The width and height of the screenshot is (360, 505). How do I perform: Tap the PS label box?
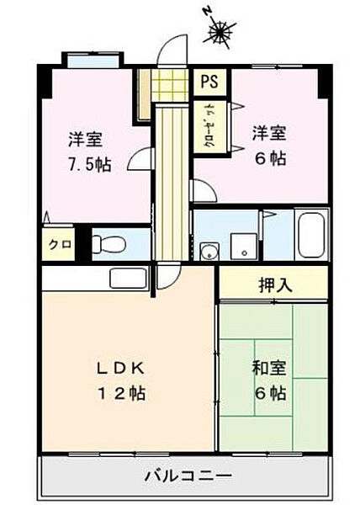pyautogui.click(x=209, y=82)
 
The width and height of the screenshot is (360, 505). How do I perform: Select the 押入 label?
pyautogui.click(x=274, y=284)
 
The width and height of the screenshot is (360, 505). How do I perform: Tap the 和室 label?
pyautogui.click(x=269, y=368)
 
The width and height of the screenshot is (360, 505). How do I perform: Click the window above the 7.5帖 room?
pyautogui.click(x=93, y=61)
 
